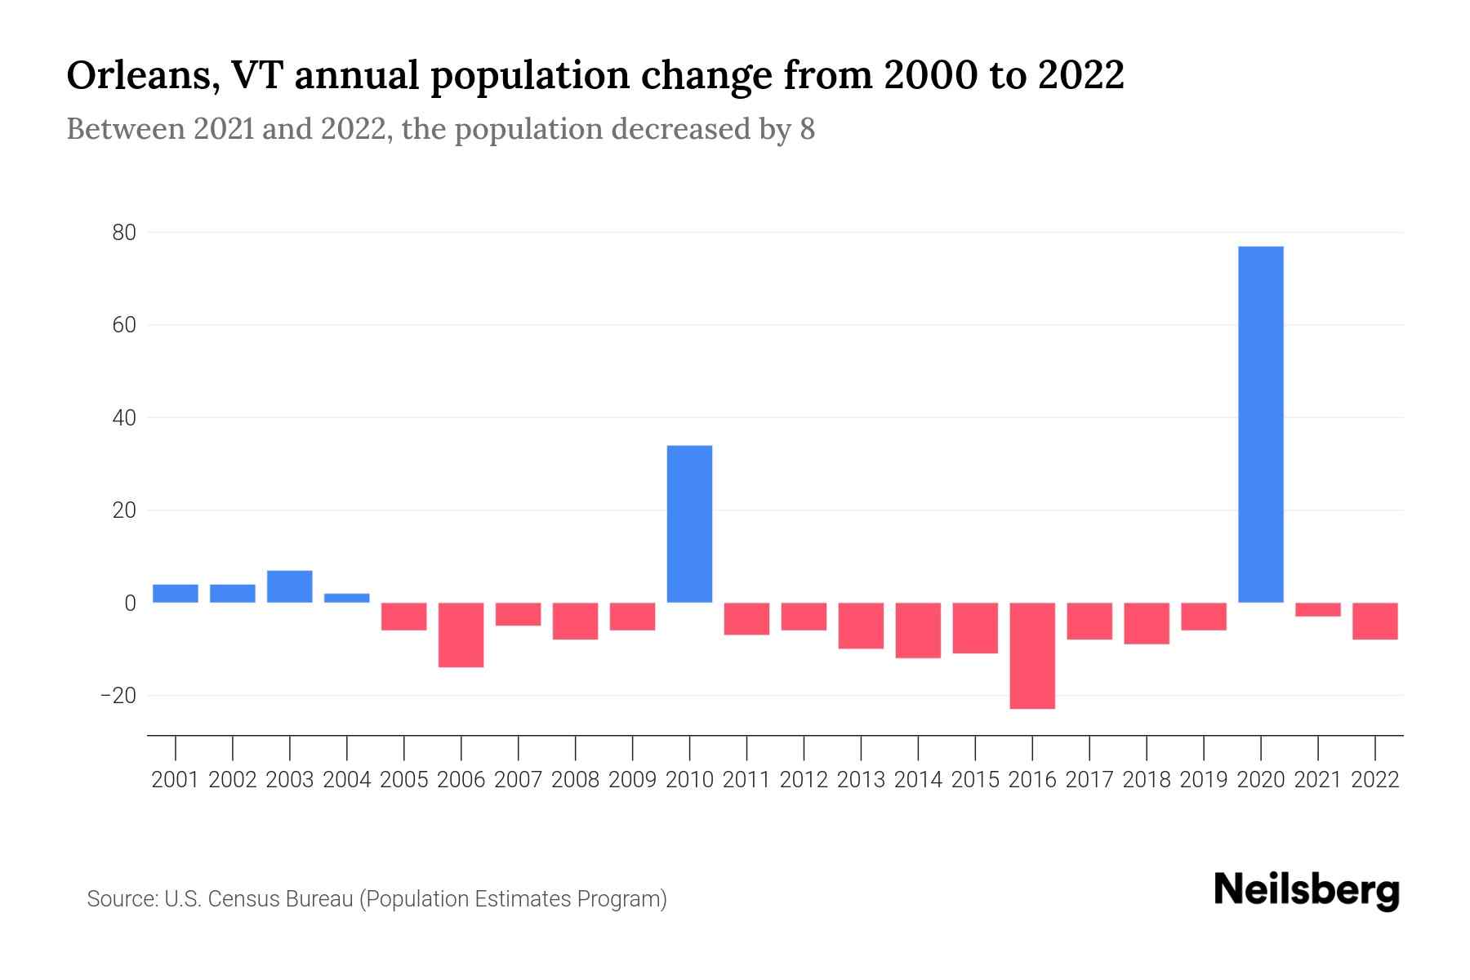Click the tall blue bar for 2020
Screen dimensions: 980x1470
pyautogui.click(x=1260, y=425)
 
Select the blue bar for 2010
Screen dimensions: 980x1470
pyautogui.click(x=689, y=524)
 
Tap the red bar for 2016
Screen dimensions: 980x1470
pyautogui.click(x=1032, y=656)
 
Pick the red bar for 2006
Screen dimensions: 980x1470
pyautogui.click(x=461, y=635)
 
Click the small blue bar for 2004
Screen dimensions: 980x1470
pyautogui.click(x=347, y=598)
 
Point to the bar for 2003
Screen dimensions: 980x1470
pyautogui.click(x=290, y=586)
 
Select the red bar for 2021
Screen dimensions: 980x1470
pyautogui.click(x=1317, y=609)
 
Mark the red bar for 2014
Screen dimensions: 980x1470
pyautogui.click(x=918, y=630)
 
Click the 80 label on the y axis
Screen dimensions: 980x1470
pyautogui.click(x=123, y=233)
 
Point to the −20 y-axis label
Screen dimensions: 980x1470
pyautogui.click(x=118, y=696)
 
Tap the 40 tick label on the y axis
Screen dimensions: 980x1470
pyautogui.click(x=123, y=418)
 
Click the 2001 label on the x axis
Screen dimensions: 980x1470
pyautogui.click(x=176, y=780)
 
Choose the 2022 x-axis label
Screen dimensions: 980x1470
pyautogui.click(x=1375, y=780)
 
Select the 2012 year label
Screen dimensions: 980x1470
pyautogui.click(x=804, y=780)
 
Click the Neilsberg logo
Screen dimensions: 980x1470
pyautogui.click(x=1307, y=891)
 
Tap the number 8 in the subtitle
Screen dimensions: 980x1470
pyautogui.click(x=807, y=130)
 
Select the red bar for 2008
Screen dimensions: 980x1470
pyautogui.click(x=575, y=621)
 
